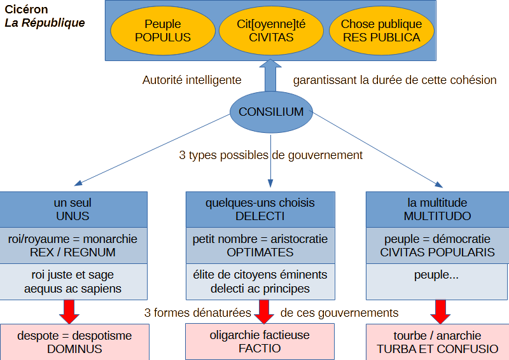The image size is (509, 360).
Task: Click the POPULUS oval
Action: [163, 31]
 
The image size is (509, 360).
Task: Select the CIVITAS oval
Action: [271, 31]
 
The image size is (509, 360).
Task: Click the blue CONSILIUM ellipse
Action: [271, 112]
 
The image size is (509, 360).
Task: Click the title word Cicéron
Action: [26, 10]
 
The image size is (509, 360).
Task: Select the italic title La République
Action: [45, 23]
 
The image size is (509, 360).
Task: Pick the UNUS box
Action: [73, 209]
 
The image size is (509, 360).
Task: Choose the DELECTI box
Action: [260, 209]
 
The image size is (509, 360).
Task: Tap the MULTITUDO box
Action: [437, 209]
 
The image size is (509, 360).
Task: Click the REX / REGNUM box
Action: [73, 246]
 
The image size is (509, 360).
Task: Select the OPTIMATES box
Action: [260, 246]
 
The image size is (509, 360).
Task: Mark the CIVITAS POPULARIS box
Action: [437, 246]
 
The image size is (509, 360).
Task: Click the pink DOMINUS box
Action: [74, 342]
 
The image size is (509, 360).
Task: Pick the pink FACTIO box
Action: [260, 342]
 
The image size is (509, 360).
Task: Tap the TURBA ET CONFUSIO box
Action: [437, 342]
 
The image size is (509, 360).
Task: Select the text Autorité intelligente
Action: [192, 81]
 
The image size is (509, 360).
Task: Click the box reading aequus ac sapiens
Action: [73, 282]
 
